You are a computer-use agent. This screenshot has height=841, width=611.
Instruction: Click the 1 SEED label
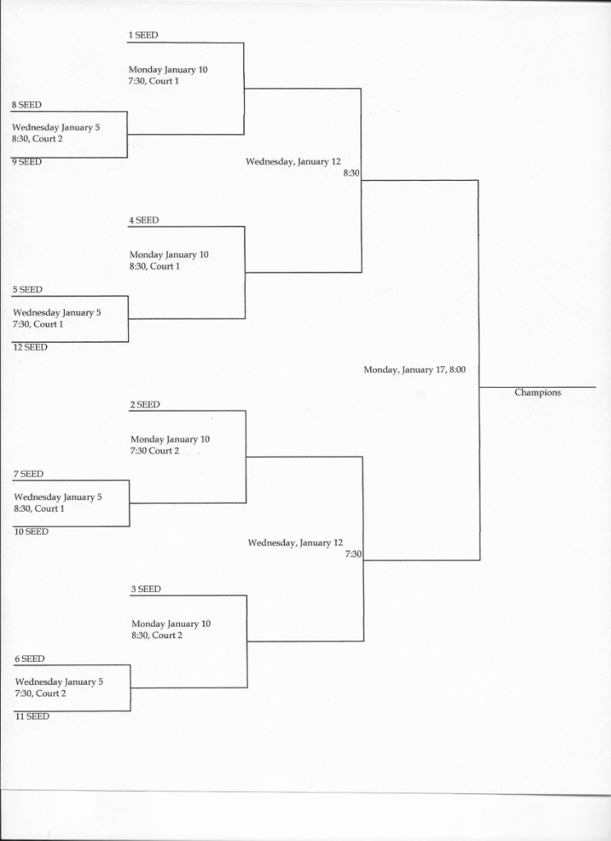143,35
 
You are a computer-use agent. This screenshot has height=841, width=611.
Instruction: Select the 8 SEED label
27,105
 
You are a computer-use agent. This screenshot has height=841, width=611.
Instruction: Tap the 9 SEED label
27,162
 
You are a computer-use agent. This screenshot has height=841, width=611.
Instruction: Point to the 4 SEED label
144,220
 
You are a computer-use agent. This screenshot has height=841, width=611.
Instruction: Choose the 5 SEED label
27,290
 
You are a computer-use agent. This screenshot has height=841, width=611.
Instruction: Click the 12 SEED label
30,347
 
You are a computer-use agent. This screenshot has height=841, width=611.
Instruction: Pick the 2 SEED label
145,405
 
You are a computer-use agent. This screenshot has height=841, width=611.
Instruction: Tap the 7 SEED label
29,474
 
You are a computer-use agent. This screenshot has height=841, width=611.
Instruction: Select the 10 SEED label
31,532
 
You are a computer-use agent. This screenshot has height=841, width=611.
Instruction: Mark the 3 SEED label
146,590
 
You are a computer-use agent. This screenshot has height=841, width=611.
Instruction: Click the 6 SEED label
30,659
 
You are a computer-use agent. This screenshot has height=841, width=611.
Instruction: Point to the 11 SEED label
32,716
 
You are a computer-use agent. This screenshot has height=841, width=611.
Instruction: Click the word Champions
538,393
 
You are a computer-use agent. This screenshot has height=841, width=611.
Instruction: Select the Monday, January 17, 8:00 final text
415,370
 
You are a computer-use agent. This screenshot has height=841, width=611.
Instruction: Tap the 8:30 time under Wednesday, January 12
351,174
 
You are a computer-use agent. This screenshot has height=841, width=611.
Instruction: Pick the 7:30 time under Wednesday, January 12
353,554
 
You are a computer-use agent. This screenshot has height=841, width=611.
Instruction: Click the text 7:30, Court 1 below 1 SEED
154,81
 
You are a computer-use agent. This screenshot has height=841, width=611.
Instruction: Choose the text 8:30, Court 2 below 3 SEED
157,636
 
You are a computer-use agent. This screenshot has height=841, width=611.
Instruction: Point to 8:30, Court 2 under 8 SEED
38,140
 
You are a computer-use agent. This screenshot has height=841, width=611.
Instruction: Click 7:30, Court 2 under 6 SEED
41,693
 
